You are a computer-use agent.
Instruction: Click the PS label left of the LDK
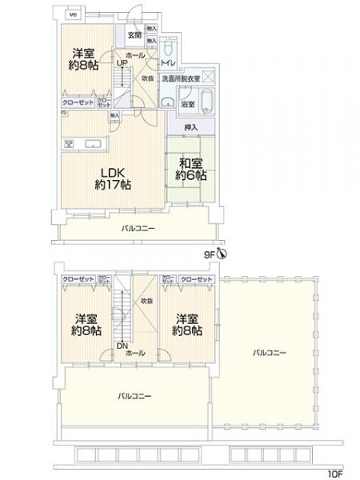(61, 113)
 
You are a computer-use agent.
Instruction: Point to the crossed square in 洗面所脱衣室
(206, 76)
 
